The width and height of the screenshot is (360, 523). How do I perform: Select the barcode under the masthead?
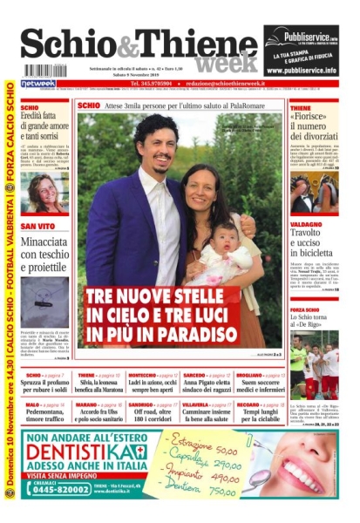coord(45,71)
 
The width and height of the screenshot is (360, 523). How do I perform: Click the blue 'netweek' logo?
coord(37,85)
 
